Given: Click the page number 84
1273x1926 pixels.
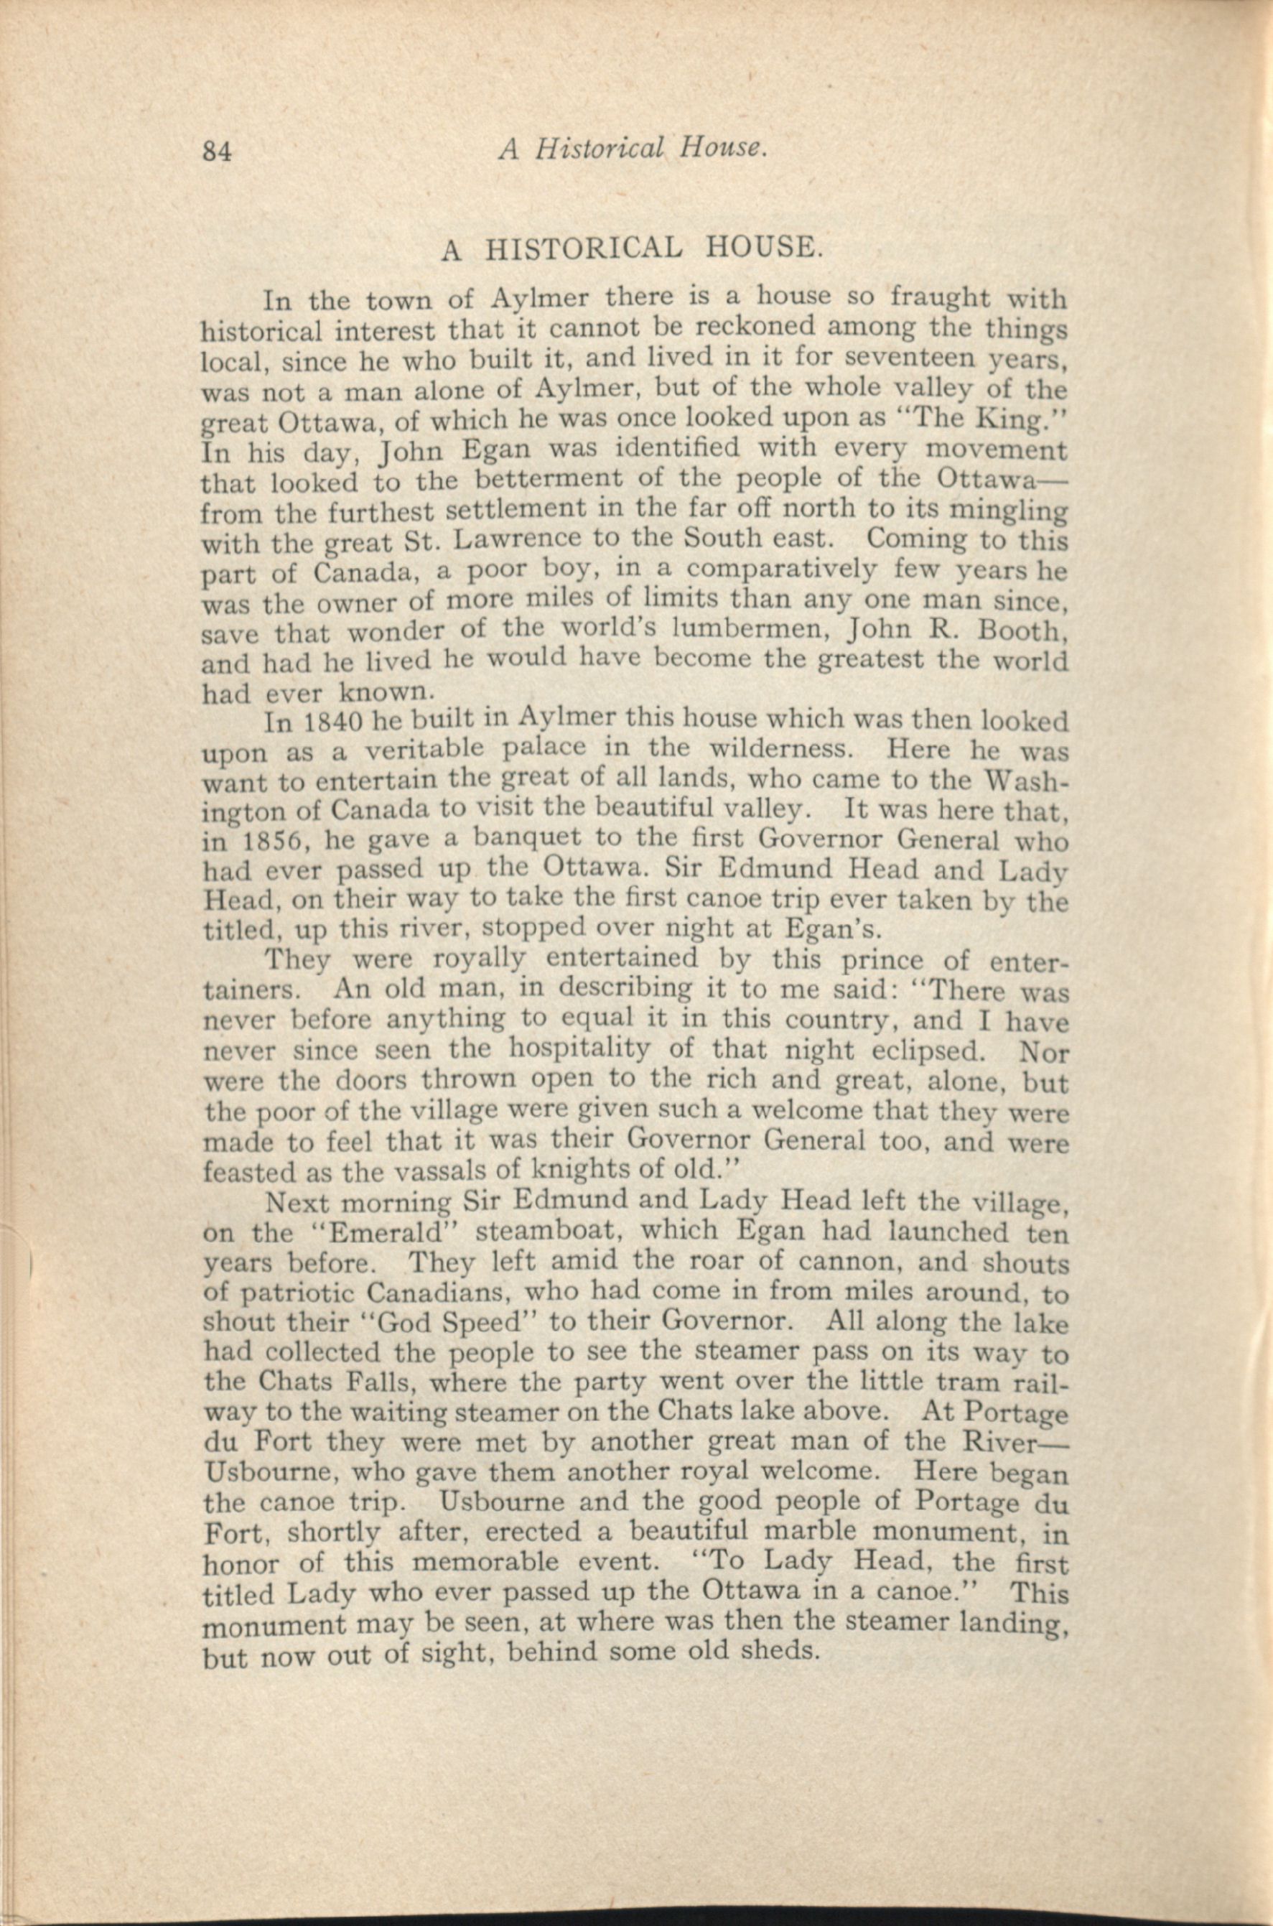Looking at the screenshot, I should coord(218,151).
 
